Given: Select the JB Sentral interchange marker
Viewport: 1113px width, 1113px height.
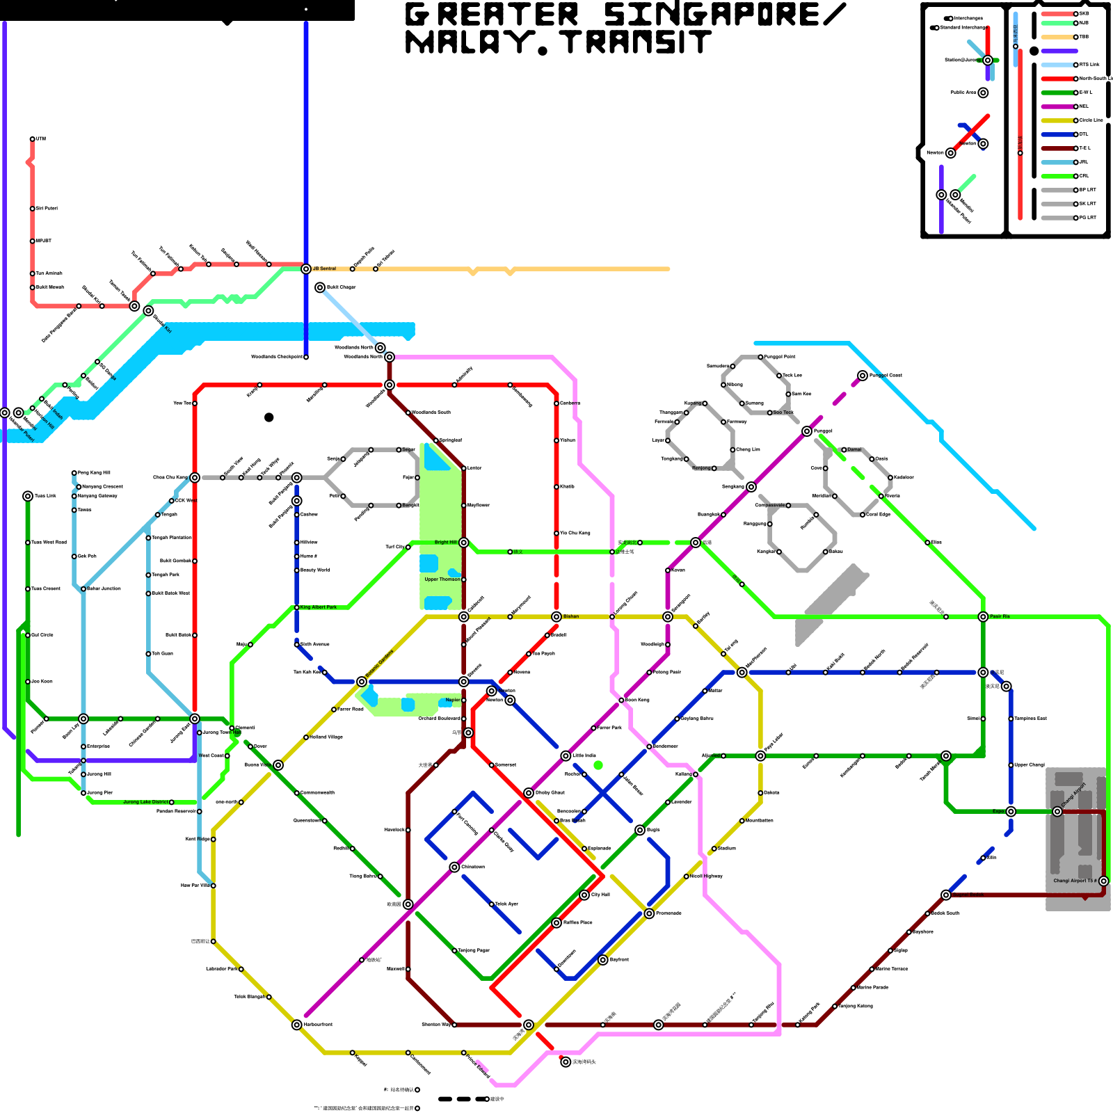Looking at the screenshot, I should (306, 269).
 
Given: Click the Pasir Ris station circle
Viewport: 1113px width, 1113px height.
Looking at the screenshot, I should (983, 616).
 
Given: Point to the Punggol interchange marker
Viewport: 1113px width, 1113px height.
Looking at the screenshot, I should (807, 431).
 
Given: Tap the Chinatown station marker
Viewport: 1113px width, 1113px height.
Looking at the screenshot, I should (454, 867).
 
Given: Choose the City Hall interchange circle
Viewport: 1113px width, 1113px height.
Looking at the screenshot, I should (584, 895).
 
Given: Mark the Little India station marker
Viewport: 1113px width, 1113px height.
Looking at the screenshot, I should (566, 755).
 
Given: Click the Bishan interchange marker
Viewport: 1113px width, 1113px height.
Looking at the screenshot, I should (556, 616).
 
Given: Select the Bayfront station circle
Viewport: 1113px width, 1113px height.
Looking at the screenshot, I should (603, 960).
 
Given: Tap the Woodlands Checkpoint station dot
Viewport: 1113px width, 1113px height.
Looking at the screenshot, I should (306, 357).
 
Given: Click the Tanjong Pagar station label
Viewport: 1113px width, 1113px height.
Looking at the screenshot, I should (474, 950).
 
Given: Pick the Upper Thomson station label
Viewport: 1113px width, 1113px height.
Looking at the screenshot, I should (442, 579).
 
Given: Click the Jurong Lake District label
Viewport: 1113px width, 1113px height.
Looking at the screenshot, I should (145, 802).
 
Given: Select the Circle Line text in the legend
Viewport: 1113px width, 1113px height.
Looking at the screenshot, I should (1091, 120).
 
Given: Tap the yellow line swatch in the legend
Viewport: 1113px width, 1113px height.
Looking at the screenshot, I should (1057, 120).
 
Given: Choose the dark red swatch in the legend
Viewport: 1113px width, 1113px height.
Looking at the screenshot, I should (1057, 148).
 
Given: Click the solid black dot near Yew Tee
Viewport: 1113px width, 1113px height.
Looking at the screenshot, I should (269, 417).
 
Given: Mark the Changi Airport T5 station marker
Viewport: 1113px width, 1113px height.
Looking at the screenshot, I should (1103, 881).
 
